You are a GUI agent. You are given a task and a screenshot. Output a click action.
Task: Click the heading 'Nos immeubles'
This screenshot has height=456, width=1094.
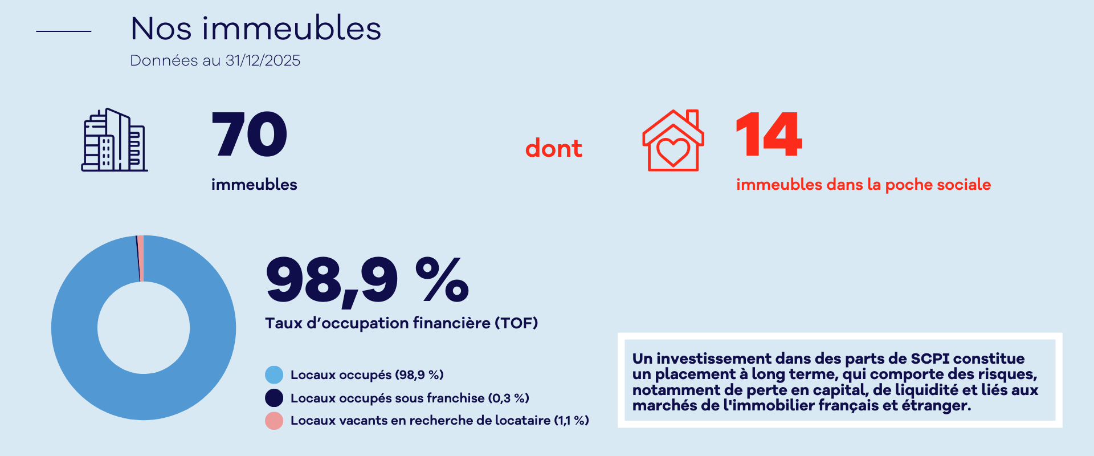[x=256, y=28]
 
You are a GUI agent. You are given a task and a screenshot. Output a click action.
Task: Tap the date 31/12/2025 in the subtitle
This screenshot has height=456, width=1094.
[x=263, y=60]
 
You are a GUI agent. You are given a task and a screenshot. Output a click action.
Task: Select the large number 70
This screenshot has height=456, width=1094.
[x=249, y=135]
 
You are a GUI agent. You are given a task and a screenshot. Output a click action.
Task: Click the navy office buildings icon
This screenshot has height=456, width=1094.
[x=114, y=140]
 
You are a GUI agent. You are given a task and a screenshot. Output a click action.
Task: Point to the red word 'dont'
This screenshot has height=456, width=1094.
[x=553, y=149]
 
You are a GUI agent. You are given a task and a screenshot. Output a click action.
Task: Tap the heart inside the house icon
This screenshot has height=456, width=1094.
[x=673, y=151]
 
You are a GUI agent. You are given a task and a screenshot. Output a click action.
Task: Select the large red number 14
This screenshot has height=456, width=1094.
[x=769, y=135]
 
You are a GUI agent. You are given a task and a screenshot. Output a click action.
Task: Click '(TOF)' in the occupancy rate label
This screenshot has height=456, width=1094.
[x=516, y=323]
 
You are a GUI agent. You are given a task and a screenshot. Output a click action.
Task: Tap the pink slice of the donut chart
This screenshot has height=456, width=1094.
[x=141, y=258]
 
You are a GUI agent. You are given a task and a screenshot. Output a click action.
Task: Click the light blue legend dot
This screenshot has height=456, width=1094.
[x=274, y=374]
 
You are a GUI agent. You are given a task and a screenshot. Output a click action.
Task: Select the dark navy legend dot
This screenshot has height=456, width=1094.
[x=274, y=398]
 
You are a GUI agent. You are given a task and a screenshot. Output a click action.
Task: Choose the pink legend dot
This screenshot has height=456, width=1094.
[x=274, y=421]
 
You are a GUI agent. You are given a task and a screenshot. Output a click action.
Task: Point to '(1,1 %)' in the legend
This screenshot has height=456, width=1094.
[x=572, y=421]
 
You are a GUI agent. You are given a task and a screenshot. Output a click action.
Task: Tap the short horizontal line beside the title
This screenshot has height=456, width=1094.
[x=63, y=31]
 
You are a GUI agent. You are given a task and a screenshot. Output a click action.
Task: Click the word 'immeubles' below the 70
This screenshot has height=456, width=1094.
[x=254, y=185]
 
